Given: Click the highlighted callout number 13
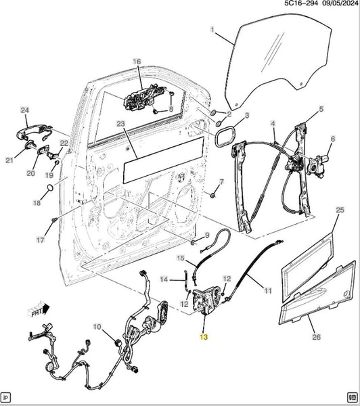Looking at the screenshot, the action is [x=204, y=337].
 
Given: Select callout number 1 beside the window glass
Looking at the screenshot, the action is [x=212, y=30].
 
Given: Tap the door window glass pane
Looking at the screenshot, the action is [x=277, y=62].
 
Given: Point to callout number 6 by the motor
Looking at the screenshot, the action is [x=333, y=139].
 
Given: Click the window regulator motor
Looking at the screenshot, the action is [x=317, y=166].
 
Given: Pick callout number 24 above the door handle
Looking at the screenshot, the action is [x=24, y=110].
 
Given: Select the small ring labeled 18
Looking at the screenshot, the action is [x=50, y=187].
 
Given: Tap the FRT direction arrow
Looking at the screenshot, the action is [x=39, y=309].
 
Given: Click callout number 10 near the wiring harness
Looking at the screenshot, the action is [x=97, y=327].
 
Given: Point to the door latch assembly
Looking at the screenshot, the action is [x=207, y=300].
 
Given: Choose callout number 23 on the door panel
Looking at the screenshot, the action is [x=120, y=124].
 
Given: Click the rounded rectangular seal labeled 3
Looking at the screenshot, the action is [x=225, y=137].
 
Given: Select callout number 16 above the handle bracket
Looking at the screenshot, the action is [x=137, y=62].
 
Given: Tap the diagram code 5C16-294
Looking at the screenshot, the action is [x=301, y=3].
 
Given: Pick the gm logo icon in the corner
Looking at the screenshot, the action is [x=352, y=397].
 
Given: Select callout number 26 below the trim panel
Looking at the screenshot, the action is [x=317, y=337].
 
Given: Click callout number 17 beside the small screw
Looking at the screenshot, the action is [x=40, y=240].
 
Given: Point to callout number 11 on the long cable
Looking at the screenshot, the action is [x=268, y=290].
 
